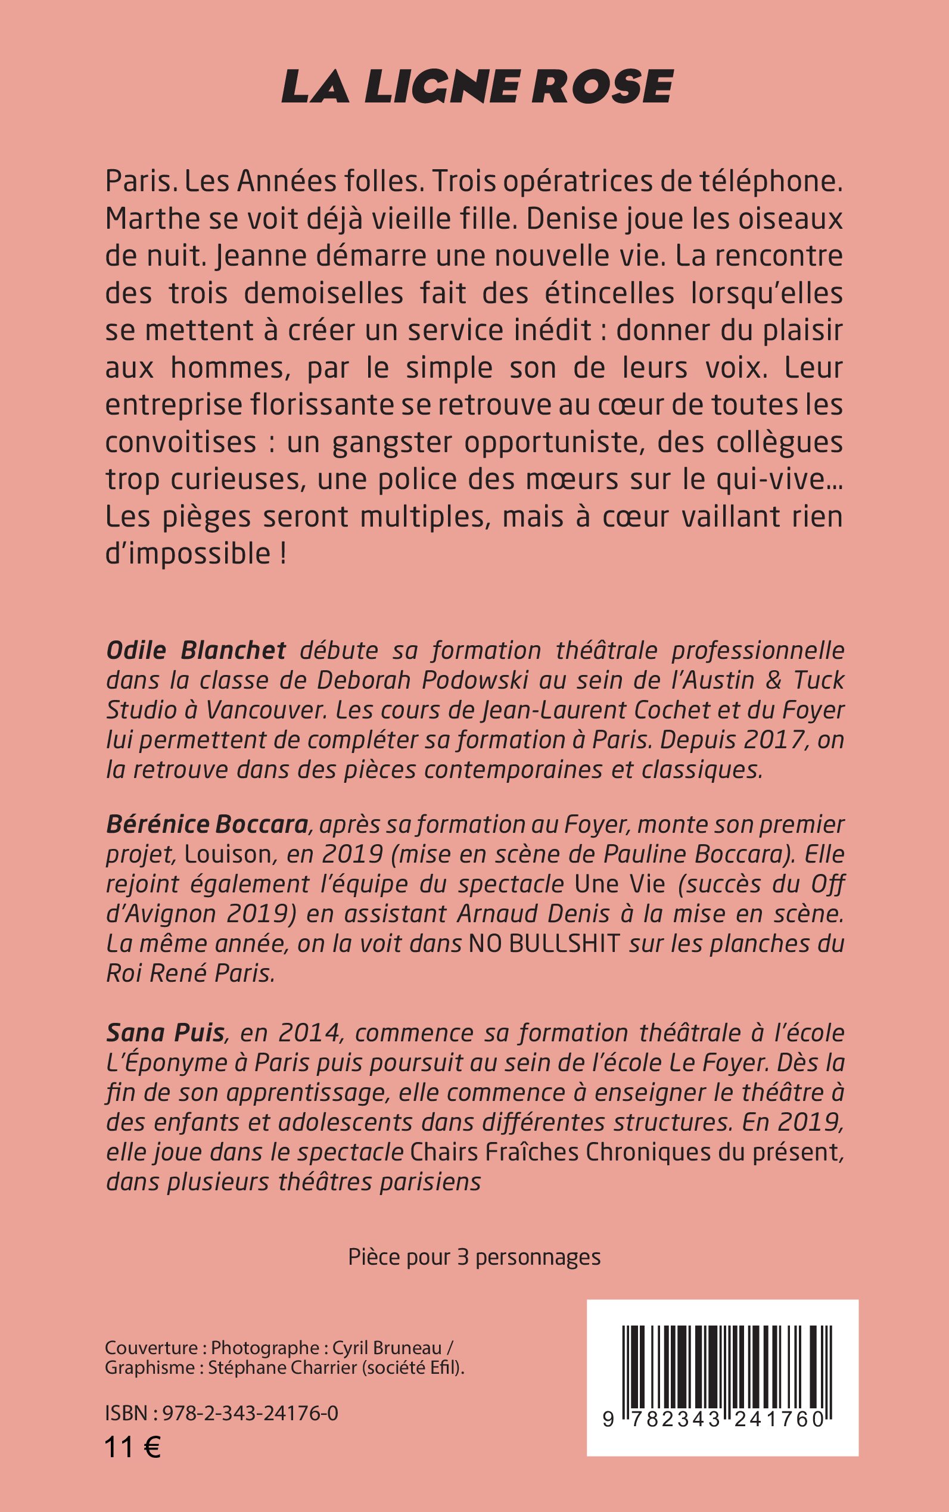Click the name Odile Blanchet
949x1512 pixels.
click(x=196, y=651)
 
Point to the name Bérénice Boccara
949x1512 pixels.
click(x=207, y=824)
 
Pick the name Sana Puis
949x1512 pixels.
click(x=165, y=1032)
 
